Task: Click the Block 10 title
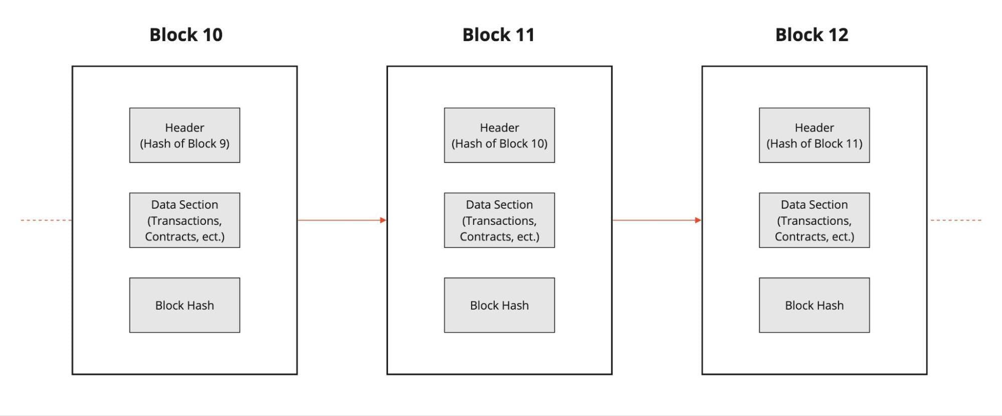pos(186,35)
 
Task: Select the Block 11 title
pos(498,35)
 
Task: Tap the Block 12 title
pos(812,35)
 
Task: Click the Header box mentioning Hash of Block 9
pos(184,135)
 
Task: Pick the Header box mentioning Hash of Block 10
pos(499,135)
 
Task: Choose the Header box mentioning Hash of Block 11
pos(814,135)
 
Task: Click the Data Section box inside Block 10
pos(184,220)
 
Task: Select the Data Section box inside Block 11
pos(499,220)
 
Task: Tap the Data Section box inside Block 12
pos(814,220)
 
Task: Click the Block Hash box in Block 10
pos(184,305)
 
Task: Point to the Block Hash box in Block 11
pos(499,305)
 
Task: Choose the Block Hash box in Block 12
pos(814,305)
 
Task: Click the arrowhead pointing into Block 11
pos(383,220)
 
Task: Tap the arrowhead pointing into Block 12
pos(698,220)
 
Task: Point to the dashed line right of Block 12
pos(956,220)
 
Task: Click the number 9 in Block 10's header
pos(223,144)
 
